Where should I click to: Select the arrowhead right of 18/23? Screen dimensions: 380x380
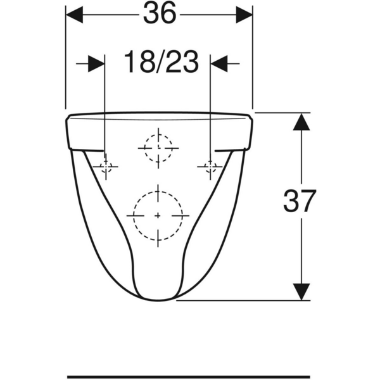tap(219, 63)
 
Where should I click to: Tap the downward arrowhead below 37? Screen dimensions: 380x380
tap(301, 292)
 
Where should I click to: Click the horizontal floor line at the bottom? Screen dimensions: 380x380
tap(190, 376)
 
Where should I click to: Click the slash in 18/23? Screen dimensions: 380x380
tap(160, 63)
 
